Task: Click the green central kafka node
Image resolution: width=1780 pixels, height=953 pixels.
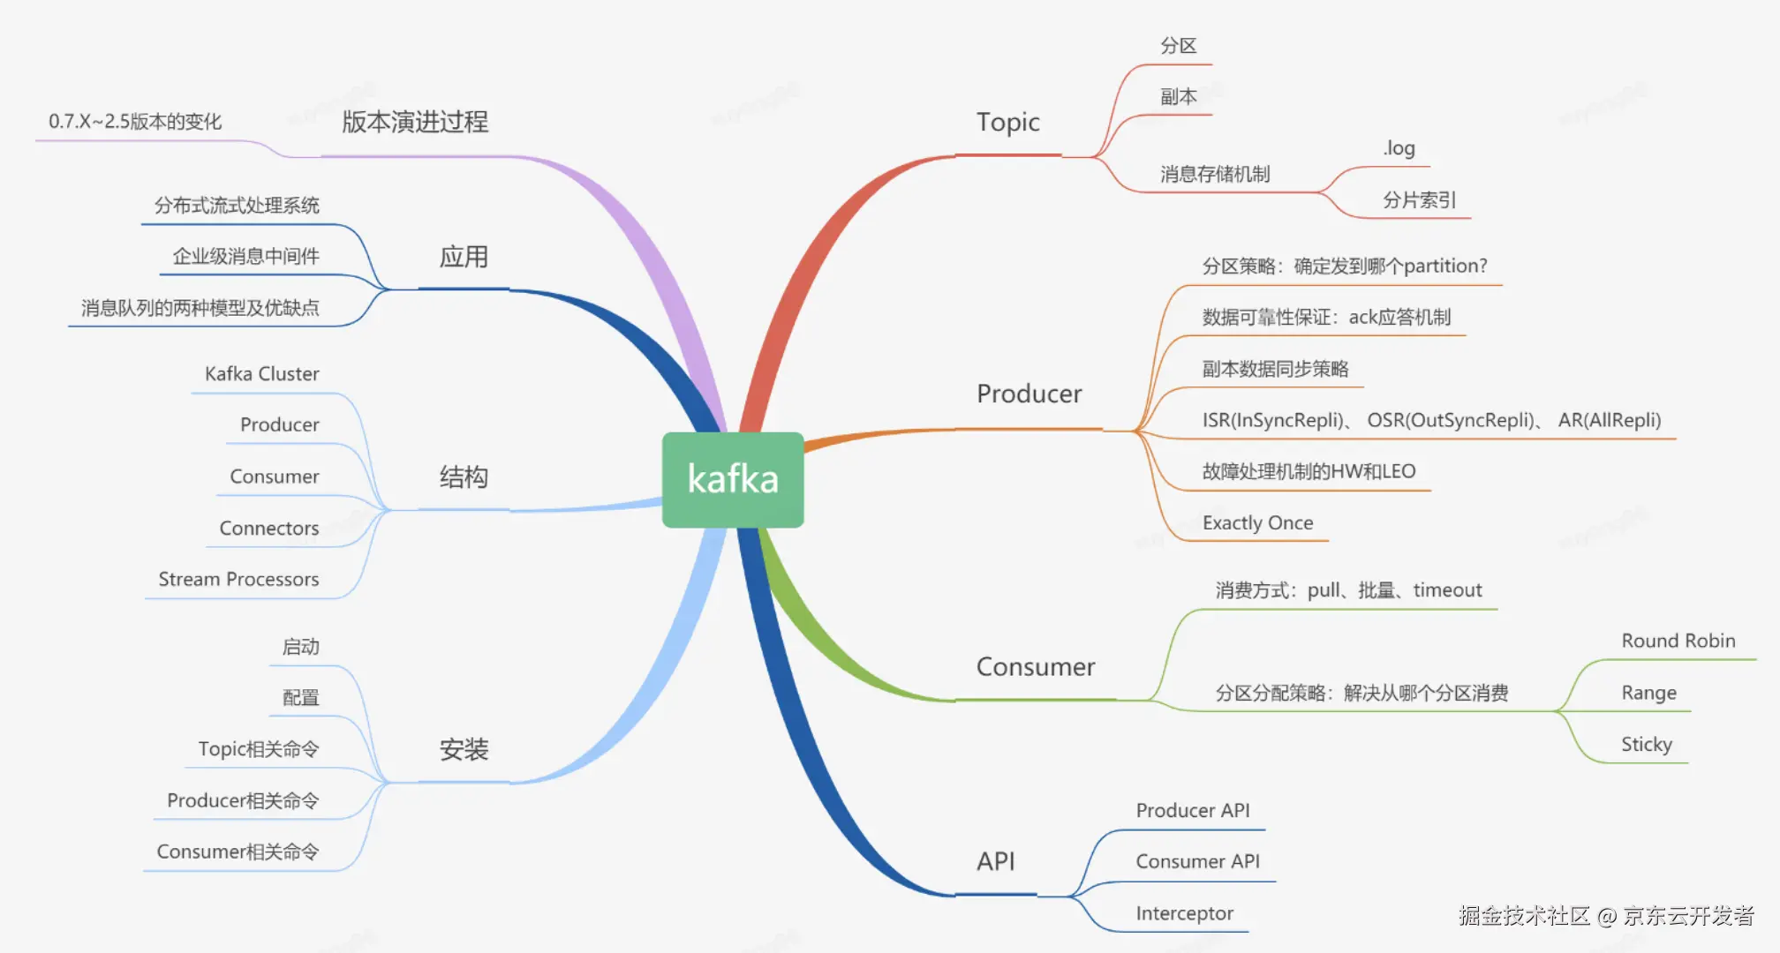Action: tap(733, 479)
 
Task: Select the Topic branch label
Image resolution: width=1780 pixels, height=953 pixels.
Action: tap(1007, 123)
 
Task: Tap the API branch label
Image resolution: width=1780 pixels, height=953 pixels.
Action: tap(995, 861)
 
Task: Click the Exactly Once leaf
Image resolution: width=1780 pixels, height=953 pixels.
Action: tap(1257, 523)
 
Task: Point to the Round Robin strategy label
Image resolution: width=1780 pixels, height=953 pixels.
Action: tap(1678, 642)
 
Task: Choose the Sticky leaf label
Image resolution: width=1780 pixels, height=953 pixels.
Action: tap(1646, 745)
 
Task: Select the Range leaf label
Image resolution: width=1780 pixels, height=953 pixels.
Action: tap(1648, 693)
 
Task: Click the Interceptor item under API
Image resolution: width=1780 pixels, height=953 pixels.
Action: tap(1184, 913)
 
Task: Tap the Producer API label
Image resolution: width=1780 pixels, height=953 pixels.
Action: tap(1192, 810)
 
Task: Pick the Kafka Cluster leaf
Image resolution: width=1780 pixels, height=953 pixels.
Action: tap(261, 374)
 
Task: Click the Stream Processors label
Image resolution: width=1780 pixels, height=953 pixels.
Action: tap(238, 580)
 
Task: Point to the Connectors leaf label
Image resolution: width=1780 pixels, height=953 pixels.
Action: tap(268, 529)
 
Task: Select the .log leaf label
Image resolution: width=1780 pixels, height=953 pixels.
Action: tap(1399, 148)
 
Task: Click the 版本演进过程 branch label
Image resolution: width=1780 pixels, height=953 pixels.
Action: tap(415, 122)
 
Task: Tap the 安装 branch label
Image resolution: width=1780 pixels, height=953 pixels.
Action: tap(464, 750)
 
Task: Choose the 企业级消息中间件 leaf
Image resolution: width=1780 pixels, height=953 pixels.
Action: tap(245, 257)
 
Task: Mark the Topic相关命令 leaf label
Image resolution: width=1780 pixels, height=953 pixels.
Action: tap(258, 749)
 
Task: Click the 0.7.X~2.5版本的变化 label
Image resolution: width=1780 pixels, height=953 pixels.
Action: tap(135, 122)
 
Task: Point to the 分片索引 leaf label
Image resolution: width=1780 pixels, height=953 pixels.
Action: tap(1419, 200)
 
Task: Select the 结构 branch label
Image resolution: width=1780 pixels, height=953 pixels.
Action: tap(464, 477)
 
